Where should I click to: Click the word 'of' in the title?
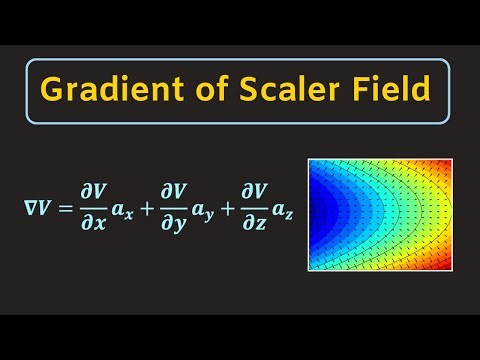pos(209,92)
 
